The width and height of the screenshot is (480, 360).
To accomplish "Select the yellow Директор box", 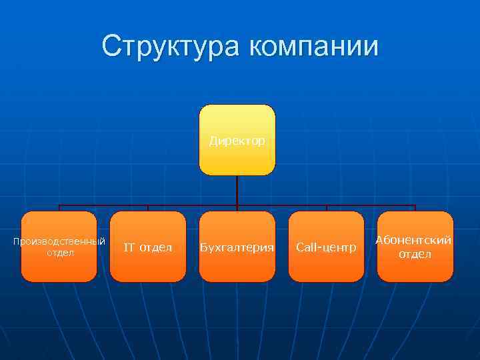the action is [237, 157].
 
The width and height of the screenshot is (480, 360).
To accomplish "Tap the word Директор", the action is [237, 141].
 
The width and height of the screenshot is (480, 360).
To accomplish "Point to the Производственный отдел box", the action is [59, 267].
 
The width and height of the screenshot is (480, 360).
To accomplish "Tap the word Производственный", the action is [59, 241].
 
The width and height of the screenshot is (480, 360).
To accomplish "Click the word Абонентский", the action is [415, 241].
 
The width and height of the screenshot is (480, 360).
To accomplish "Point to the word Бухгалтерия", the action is [237, 248].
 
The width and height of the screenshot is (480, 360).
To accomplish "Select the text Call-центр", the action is [326, 248].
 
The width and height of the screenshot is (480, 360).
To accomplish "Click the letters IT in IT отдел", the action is [130, 248].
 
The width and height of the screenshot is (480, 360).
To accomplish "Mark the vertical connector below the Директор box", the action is [237, 190].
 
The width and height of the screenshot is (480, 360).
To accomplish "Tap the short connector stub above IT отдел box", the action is [148, 208].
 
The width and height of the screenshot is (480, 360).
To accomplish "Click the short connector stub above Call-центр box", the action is [326, 208].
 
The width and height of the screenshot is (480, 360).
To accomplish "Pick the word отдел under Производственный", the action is [59, 253].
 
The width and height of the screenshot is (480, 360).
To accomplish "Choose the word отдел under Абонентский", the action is [415, 255].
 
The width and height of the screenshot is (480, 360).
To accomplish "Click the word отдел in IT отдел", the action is [157, 248].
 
